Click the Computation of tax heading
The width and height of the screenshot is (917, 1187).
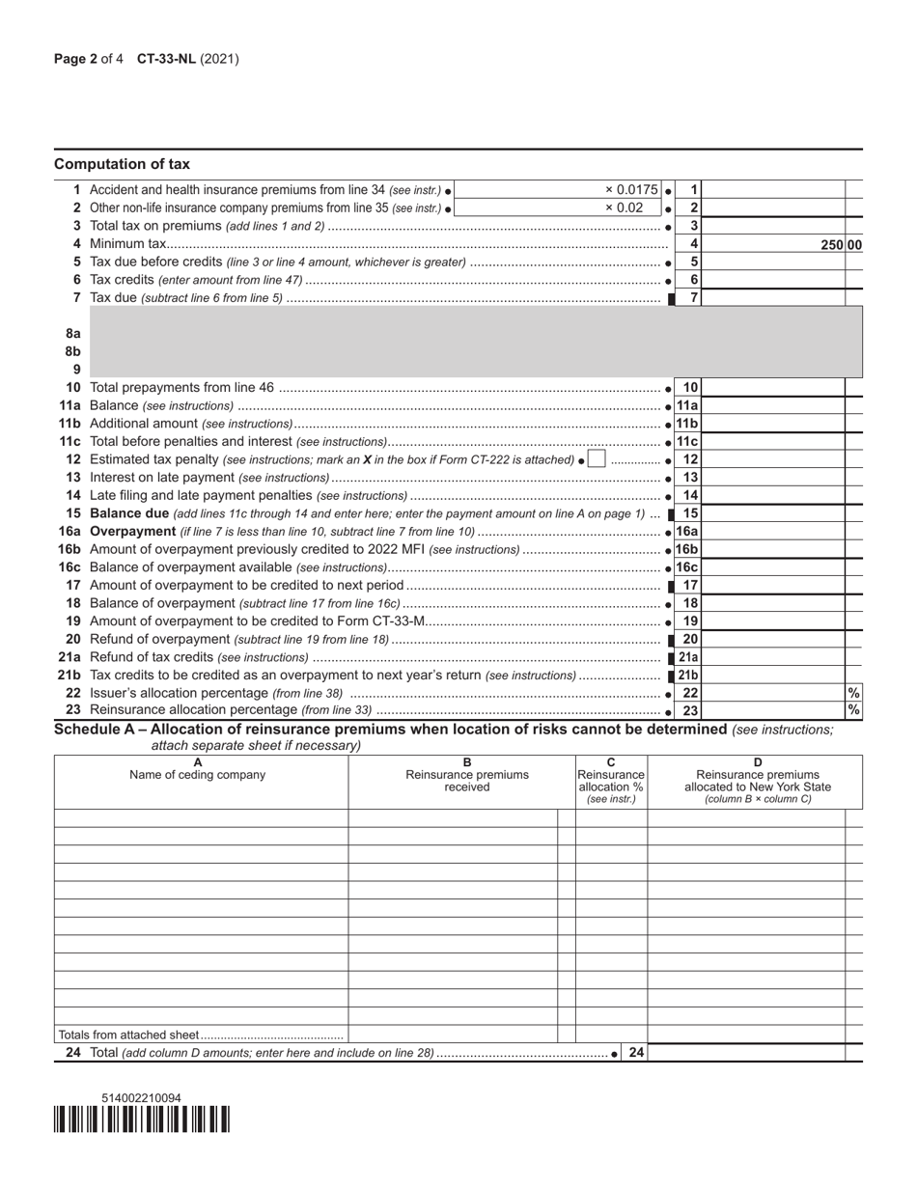(x=122, y=164)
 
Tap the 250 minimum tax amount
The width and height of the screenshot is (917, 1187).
(x=833, y=245)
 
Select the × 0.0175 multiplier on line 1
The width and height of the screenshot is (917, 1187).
(x=631, y=190)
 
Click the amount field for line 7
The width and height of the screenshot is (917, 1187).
(x=776, y=297)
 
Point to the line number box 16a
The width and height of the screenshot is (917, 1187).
(x=686, y=532)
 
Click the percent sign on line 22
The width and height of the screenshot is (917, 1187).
(x=853, y=693)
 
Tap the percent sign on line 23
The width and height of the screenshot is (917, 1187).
(x=853, y=710)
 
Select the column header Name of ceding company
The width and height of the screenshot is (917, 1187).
(x=198, y=774)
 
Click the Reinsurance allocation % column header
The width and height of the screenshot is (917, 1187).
(x=611, y=781)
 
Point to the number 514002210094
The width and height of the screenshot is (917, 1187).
(x=141, y=1098)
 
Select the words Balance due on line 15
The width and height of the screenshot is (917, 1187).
(x=128, y=513)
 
